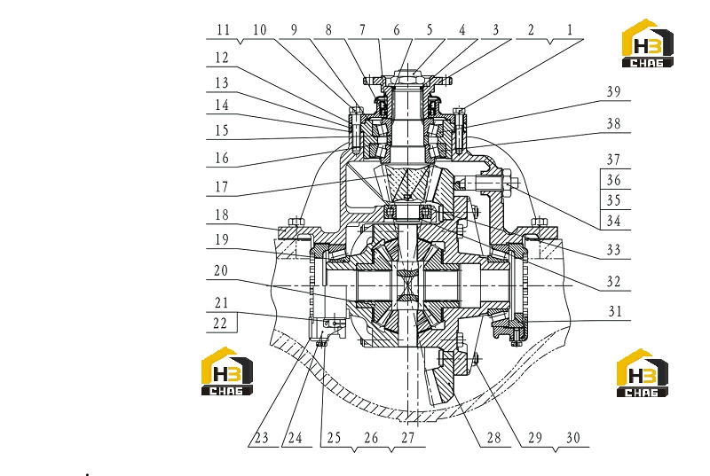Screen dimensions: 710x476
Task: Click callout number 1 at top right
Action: coord(570,30)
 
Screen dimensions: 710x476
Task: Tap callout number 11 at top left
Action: coord(224,30)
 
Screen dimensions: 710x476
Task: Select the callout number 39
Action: coord(613,92)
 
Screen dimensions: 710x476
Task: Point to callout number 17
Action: coord(221,187)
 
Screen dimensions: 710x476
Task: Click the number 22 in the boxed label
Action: coord(220,324)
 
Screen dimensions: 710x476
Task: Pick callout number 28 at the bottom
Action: coord(494,438)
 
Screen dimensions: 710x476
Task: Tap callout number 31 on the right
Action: coord(615,311)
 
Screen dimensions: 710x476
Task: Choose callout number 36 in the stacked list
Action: coord(613,180)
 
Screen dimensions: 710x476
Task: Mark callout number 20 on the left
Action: coord(221,270)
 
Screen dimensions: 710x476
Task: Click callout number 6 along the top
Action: coord(396,30)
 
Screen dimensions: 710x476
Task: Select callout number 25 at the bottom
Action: coord(334,438)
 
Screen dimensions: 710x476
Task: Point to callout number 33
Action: coord(613,250)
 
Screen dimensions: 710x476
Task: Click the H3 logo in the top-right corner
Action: coord(648,43)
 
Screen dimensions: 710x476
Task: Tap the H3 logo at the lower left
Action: coord(227,371)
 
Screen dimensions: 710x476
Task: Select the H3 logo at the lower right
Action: coord(642,373)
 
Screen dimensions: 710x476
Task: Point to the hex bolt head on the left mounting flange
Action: coord(296,222)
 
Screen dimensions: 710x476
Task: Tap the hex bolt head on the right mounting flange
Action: coord(539,222)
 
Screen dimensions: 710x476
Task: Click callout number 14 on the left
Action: coord(221,105)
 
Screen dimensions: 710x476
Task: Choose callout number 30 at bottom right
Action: coord(573,438)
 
